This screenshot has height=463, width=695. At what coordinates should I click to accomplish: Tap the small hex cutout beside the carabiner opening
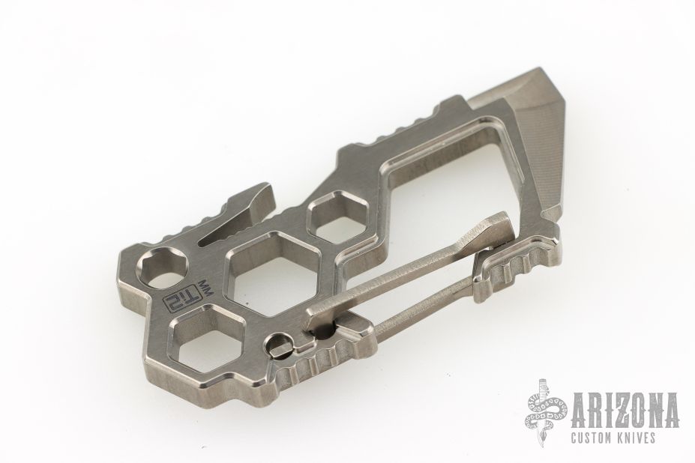339,215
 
